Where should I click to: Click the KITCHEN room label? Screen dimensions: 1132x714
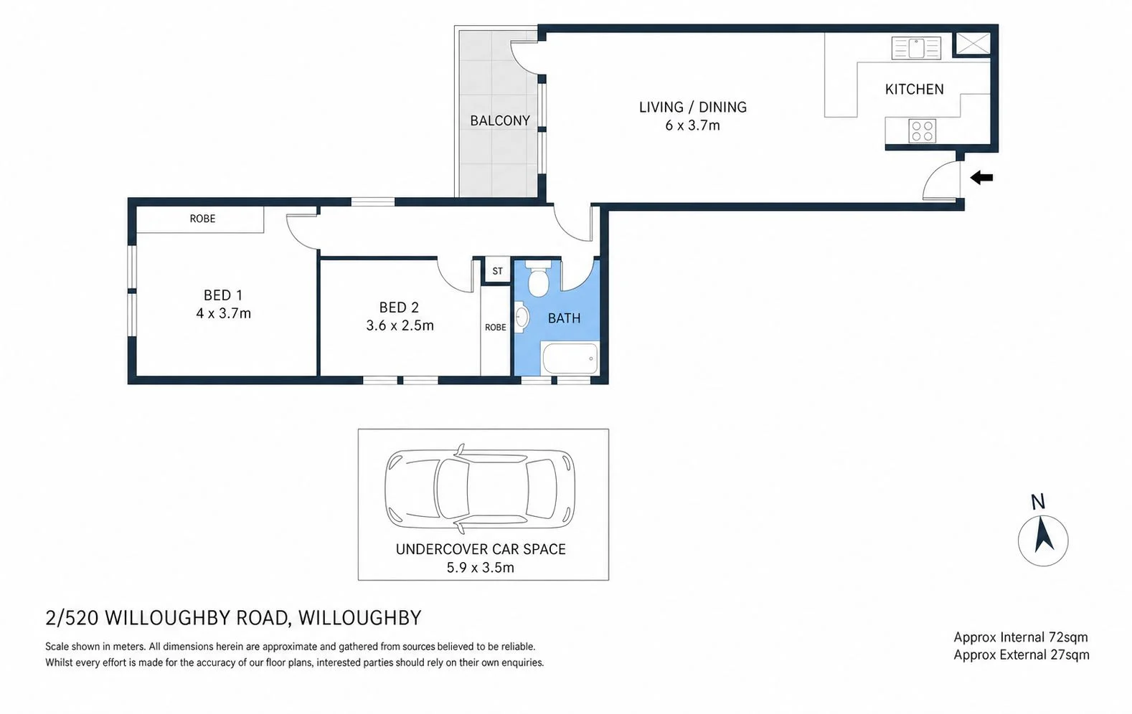[x=914, y=90]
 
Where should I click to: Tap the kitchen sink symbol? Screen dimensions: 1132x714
[x=916, y=49]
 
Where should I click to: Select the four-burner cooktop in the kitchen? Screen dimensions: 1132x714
[x=923, y=130]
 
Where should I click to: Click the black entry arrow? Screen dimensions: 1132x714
[x=981, y=178]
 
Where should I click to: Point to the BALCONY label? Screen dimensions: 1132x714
[x=500, y=120]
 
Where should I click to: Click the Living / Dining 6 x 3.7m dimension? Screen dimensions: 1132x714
[x=692, y=125]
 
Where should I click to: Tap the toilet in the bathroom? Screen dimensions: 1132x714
[x=538, y=278]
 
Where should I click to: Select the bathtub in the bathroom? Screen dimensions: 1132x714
[x=570, y=358]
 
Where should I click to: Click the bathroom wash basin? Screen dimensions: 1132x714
[x=521, y=317]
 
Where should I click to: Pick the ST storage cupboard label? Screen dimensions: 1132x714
[x=497, y=271]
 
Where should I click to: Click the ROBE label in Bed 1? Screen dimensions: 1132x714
[x=202, y=219]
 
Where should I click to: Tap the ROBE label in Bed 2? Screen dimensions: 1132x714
[x=495, y=327]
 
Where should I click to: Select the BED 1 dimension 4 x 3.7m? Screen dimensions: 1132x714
[x=223, y=313]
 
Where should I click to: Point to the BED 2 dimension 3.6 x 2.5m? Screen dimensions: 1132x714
[x=400, y=325]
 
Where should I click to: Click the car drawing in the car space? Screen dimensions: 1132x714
[x=480, y=489]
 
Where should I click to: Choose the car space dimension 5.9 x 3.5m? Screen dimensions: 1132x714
[x=480, y=568]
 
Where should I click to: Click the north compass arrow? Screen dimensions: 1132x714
[x=1043, y=535]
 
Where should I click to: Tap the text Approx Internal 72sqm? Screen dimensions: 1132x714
[x=1021, y=637]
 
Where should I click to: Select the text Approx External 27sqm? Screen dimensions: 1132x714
[x=1022, y=655]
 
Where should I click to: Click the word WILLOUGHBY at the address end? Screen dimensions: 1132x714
[x=360, y=618]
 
